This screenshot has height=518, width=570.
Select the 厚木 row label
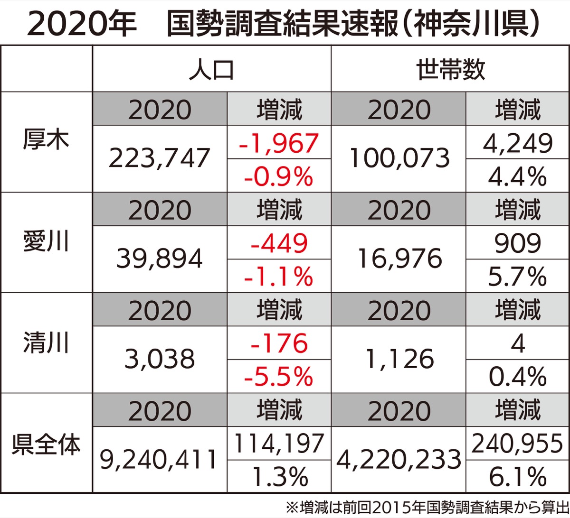coord(46,141)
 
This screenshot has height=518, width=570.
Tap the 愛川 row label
coord(46,242)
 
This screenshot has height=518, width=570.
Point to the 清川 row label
coord(46,343)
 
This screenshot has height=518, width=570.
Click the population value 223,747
coord(160,158)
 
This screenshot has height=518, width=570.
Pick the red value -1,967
coord(278,143)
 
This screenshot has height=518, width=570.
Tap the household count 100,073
coord(399,158)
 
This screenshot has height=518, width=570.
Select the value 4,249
coord(517,143)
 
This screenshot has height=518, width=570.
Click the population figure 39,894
coord(160,259)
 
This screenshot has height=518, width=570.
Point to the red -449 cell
coord(278,244)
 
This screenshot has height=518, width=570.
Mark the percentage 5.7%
coord(517,277)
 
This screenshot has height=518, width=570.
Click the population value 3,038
coord(160,360)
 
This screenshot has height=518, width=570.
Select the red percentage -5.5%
coord(278,377)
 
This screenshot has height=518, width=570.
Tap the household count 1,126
coord(399,360)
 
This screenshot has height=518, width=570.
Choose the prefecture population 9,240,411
coord(160,460)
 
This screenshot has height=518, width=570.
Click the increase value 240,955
coord(517,444)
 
